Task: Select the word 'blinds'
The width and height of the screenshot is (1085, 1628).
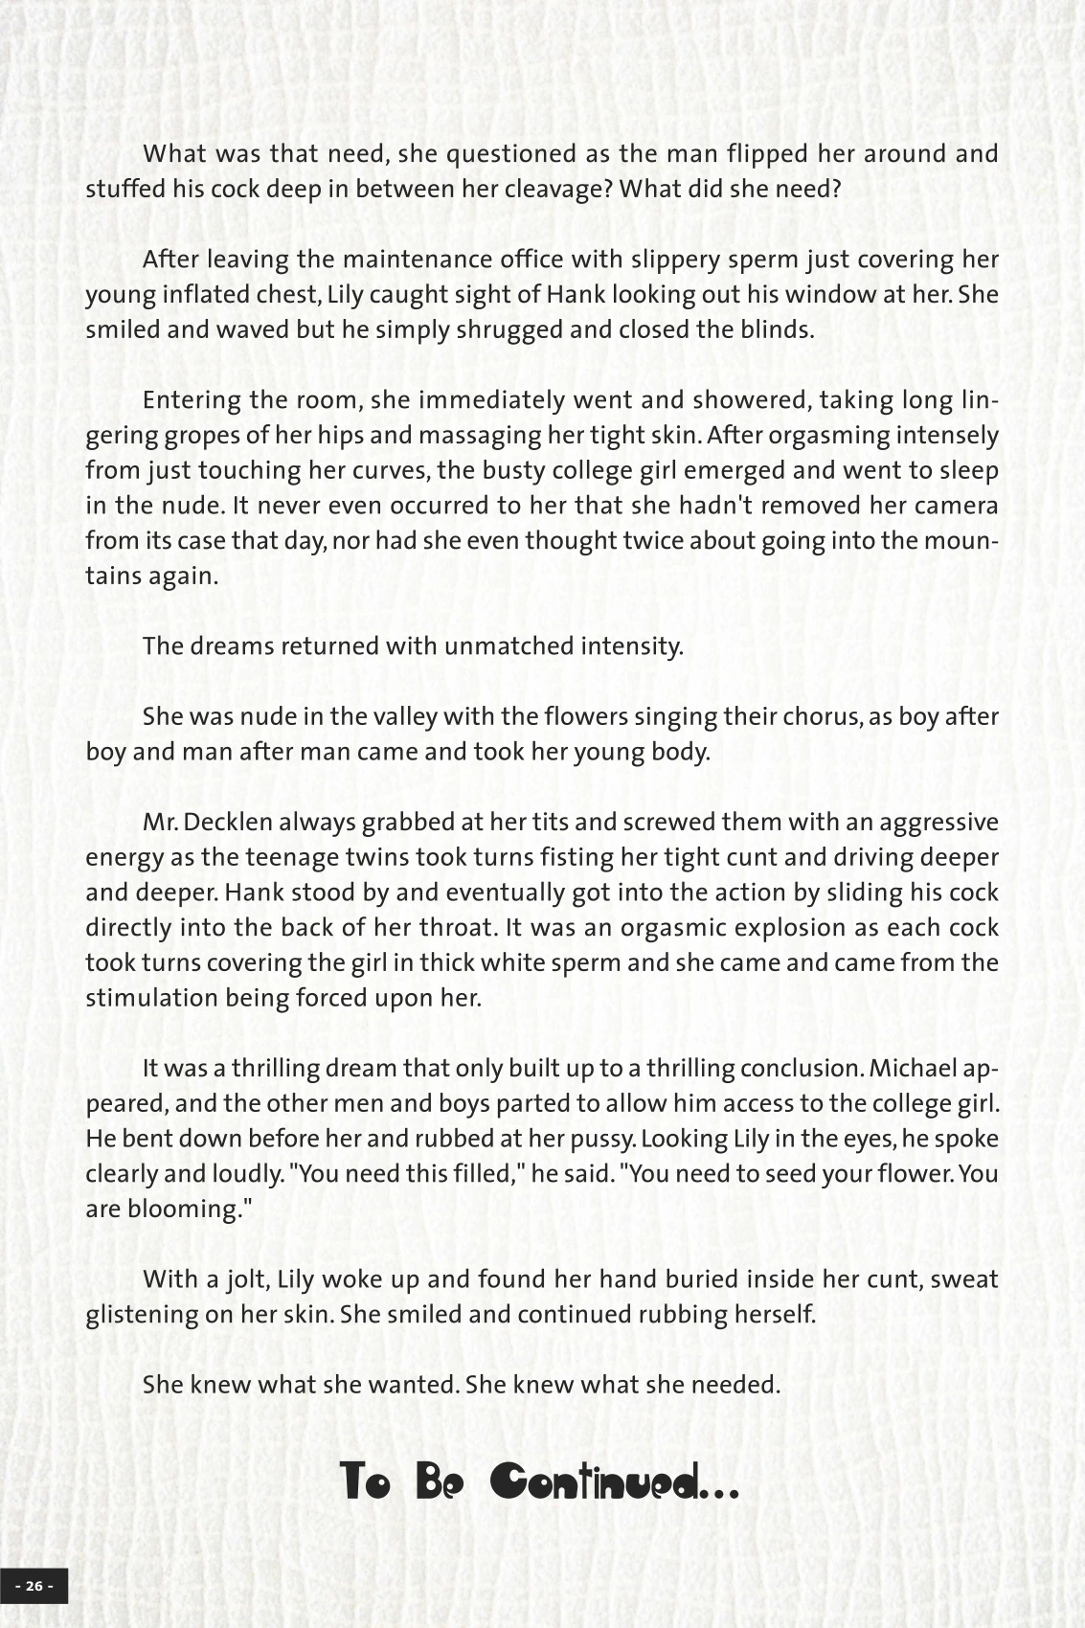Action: [777, 329]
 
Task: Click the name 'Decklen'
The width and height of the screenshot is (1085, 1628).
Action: [236, 822]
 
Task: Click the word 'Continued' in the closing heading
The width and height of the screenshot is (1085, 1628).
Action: [612, 1482]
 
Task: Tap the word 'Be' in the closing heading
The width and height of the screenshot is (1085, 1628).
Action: [440, 1482]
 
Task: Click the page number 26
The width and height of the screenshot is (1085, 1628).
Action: [34, 1586]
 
